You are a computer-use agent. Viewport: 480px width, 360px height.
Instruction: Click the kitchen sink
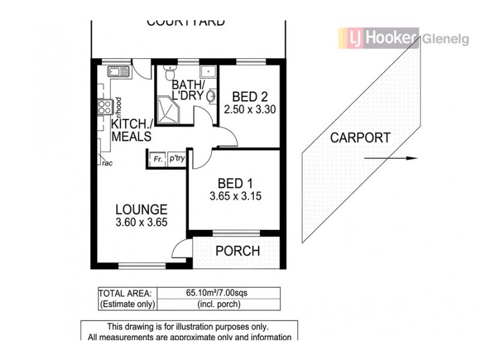[118, 72]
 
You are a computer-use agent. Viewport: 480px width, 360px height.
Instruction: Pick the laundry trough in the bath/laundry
[208, 71]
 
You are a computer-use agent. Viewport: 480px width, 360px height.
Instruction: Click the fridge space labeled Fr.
[157, 160]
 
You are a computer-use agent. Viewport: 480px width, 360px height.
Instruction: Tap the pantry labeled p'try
[176, 160]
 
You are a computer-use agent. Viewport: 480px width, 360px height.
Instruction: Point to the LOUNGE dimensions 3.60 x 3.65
[141, 222]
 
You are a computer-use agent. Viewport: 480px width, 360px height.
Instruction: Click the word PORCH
[238, 251]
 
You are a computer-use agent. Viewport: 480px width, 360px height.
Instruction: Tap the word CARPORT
[360, 137]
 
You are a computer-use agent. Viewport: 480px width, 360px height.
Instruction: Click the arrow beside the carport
[390, 159]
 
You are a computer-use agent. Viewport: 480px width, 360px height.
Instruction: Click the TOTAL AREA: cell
[127, 293]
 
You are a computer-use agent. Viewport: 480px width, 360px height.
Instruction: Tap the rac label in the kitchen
[107, 163]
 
